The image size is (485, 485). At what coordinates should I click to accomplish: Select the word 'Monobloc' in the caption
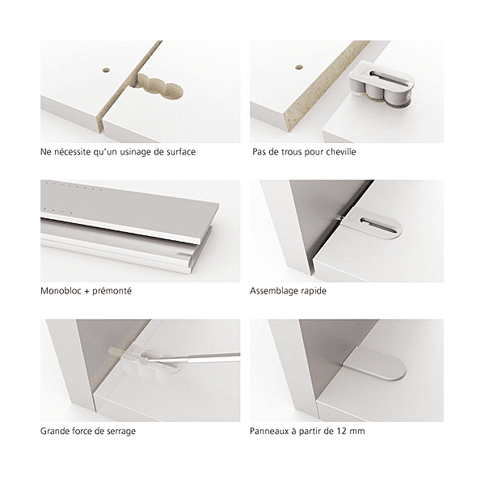[61, 291]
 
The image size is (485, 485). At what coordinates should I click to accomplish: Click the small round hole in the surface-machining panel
[106, 70]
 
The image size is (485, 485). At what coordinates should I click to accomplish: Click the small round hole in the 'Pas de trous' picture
[299, 67]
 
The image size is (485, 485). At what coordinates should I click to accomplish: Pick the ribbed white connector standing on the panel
[382, 84]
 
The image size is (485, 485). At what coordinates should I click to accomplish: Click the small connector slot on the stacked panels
[183, 255]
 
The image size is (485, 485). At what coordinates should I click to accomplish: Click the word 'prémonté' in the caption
[112, 291]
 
